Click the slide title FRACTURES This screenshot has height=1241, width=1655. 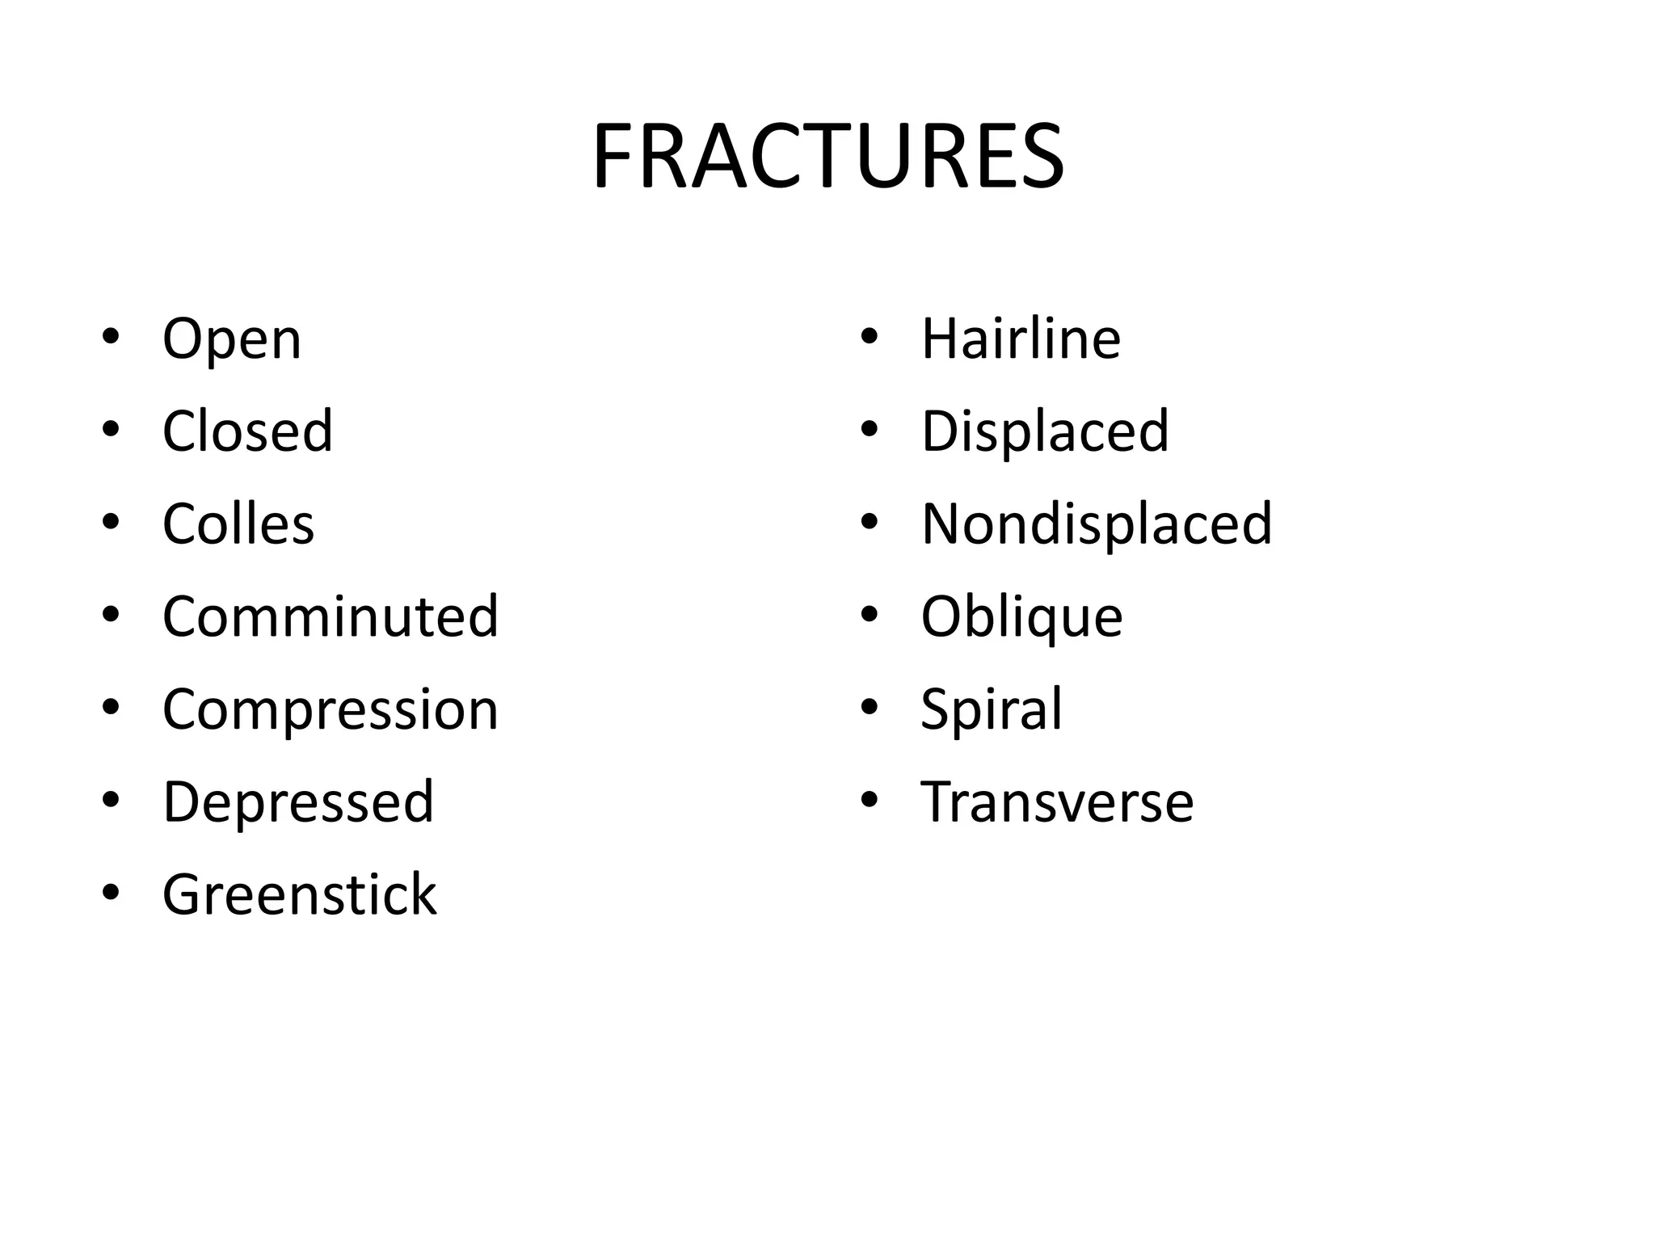(x=827, y=157)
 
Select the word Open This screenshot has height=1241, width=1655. (x=232, y=339)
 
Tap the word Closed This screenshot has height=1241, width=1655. (x=247, y=431)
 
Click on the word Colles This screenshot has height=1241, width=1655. (x=238, y=524)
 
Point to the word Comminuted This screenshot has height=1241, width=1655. (x=331, y=616)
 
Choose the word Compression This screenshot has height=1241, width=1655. (x=331, y=710)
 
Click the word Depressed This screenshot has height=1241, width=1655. (x=298, y=802)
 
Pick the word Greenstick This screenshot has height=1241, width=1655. (x=299, y=895)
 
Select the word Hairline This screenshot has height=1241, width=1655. (x=1021, y=339)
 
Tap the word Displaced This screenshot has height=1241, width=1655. (x=1045, y=431)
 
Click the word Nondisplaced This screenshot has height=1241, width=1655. (x=1097, y=524)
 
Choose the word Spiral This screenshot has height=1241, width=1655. (x=991, y=710)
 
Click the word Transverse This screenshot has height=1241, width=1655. (x=1057, y=802)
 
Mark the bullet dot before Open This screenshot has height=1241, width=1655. (x=112, y=335)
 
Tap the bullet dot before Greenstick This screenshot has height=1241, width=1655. (x=112, y=892)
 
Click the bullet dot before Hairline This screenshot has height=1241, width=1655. (x=870, y=335)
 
